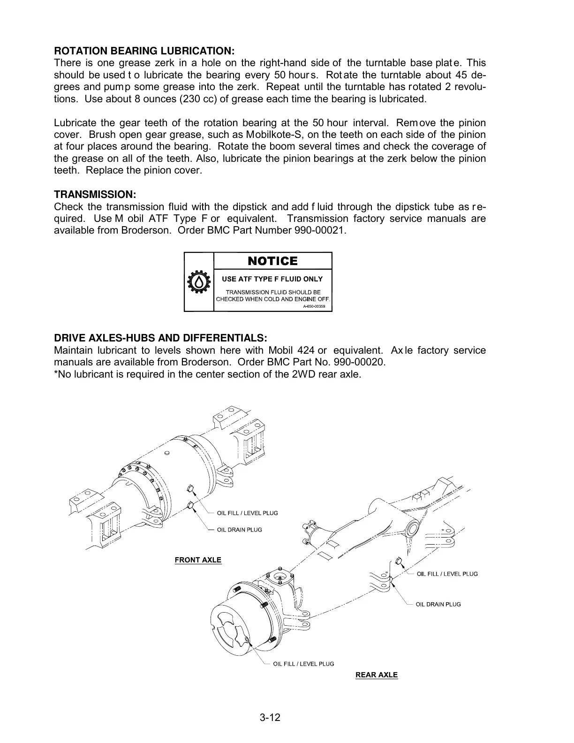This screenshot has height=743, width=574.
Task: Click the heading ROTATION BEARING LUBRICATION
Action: [144, 51]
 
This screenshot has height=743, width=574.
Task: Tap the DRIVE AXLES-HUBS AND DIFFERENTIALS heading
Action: [161, 338]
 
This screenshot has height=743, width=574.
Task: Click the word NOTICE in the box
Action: [272, 261]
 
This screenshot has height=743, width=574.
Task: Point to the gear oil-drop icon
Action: [199, 282]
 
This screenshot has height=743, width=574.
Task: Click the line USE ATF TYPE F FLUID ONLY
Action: [272, 279]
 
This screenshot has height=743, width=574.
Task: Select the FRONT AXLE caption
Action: [198, 560]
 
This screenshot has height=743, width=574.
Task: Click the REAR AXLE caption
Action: [377, 675]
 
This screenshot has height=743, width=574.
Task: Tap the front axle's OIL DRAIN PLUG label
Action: [239, 530]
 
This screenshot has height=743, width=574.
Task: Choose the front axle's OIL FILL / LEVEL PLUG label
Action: [247, 513]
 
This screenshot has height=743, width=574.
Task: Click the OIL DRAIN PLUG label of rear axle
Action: [438, 604]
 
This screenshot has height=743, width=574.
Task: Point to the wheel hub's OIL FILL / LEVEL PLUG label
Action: [303, 664]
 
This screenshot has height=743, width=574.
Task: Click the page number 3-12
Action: [270, 718]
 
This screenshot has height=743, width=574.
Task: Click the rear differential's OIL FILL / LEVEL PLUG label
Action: [447, 574]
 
